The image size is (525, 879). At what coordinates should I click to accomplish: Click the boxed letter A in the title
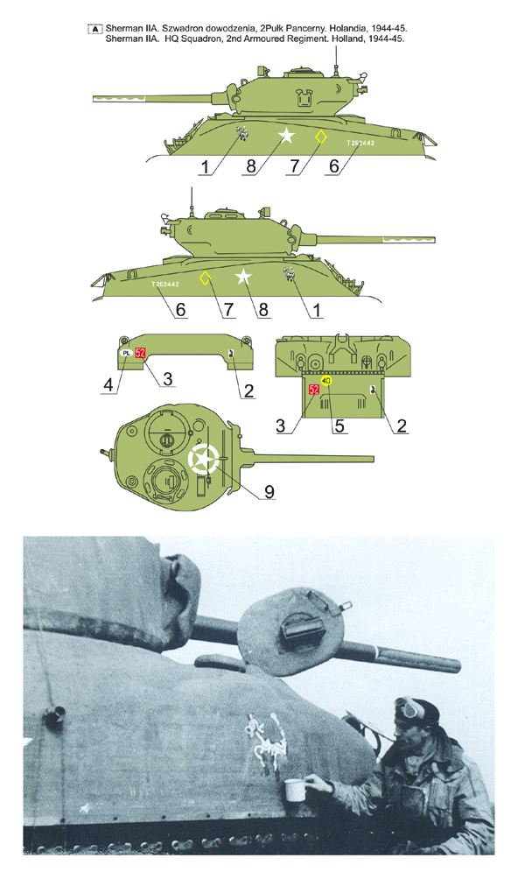point(94,29)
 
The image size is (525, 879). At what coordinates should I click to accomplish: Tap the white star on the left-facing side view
point(285,136)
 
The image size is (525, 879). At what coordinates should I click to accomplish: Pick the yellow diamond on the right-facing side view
point(205,278)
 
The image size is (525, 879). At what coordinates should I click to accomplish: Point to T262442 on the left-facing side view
point(360,143)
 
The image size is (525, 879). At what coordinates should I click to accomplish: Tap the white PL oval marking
point(125,353)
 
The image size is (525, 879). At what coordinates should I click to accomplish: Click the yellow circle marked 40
point(326,381)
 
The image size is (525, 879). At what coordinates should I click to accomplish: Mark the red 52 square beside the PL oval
point(140,353)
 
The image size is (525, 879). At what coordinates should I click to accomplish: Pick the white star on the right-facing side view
point(243,278)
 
